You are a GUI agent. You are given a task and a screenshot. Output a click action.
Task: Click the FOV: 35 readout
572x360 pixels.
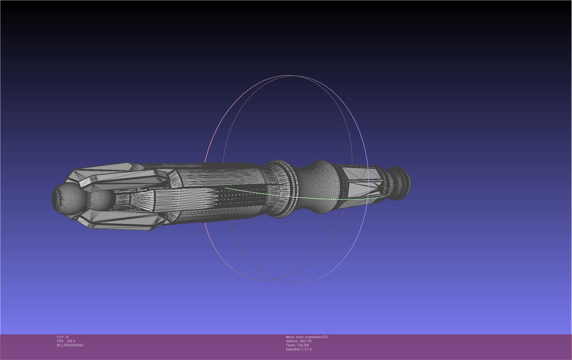(x=63, y=337)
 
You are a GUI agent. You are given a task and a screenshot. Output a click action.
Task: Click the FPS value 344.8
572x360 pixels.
(x=70, y=341)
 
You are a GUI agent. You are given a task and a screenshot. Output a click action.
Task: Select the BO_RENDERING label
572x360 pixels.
(x=70, y=345)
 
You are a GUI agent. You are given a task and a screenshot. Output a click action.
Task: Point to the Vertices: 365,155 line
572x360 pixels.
(x=299, y=341)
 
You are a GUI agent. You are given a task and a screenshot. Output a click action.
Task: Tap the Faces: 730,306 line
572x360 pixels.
(x=297, y=345)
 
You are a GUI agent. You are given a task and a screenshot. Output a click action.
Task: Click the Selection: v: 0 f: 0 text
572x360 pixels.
(x=299, y=349)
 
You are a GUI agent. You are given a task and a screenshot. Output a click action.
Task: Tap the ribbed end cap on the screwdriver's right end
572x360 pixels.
(x=400, y=183)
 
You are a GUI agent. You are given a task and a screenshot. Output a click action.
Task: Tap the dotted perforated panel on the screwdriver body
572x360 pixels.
(x=240, y=195)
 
